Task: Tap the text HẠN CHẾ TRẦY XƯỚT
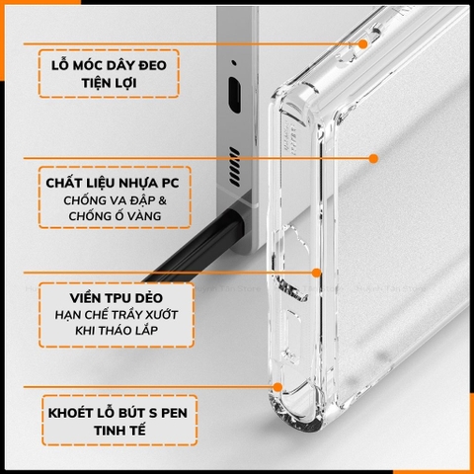(x=109, y=313)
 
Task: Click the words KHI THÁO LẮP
(x=109, y=331)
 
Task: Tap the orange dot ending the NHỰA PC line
(x=374, y=157)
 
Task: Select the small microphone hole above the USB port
(x=234, y=66)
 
